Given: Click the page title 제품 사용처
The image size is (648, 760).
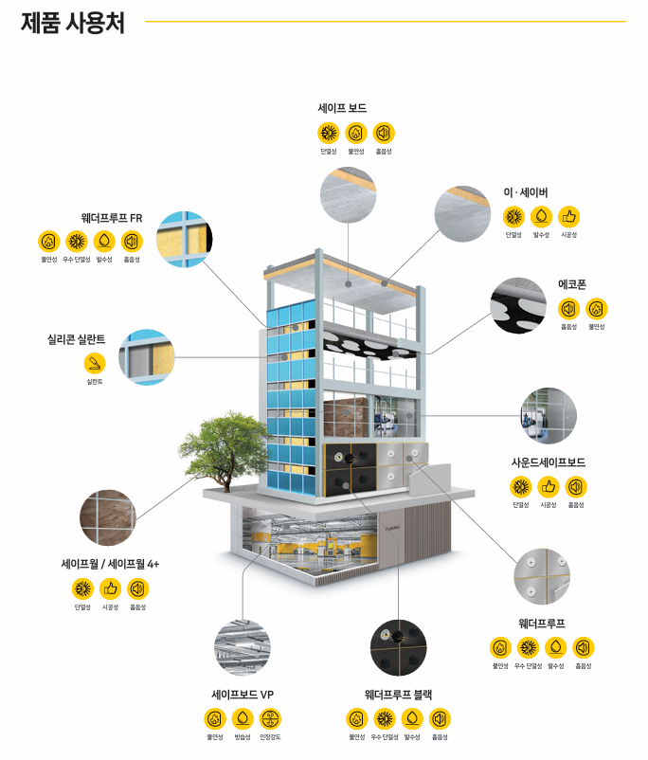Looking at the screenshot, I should pyautogui.click(x=72, y=22).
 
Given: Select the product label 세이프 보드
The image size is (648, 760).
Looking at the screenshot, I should pyautogui.click(x=342, y=108).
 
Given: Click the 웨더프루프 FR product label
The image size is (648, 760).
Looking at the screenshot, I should pyautogui.click(x=112, y=217).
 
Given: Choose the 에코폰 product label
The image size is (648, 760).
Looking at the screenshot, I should pyautogui.click(x=572, y=284).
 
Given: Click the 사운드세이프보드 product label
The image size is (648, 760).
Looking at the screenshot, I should pyautogui.click(x=549, y=462).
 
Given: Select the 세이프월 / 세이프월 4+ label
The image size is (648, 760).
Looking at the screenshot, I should pyautogui.click(x=110, y=564).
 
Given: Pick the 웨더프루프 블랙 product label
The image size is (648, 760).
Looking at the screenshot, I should pyautogui.click(x=398, y=695).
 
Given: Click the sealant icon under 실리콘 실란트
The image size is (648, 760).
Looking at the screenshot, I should pyautogui.click(x=95, y=363).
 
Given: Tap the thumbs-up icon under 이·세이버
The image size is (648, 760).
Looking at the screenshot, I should pyautogui.click(x=568, y=216).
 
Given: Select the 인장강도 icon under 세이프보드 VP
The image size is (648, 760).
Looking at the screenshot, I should pyautogui.click(x=270, y=718).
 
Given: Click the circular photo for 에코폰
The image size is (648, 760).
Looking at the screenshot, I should pyautogui.click(x=518, y=305).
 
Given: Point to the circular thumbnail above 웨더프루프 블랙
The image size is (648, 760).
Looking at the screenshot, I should pyautogui.click(x=398, y=647).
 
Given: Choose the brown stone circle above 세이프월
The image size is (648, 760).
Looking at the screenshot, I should pyautogui.click(x=107, y=516).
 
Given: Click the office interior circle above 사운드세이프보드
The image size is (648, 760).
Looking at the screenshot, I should pyautogui.click(x=548, y=415).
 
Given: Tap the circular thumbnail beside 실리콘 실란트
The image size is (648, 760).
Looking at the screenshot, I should pyautogui.click(x=146, y=356).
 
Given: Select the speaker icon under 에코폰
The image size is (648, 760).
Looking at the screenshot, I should pyautogui.click(x=568, y=308).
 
